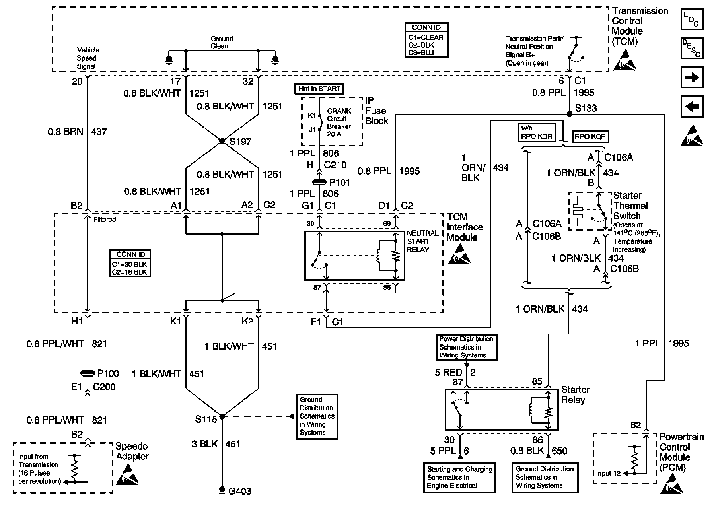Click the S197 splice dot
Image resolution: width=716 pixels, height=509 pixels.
click(222, 142)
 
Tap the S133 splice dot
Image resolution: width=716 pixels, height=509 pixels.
click(569, 114)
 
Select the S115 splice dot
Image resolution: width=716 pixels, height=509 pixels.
click(222, 416)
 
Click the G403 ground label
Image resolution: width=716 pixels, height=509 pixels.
click(240, 491)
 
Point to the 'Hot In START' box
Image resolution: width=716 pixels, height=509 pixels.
click(319, 89)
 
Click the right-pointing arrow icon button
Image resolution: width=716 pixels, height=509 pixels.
click(692, 78)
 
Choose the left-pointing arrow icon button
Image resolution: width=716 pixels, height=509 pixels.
click(692, 107)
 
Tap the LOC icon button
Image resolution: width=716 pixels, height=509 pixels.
click(692, 19)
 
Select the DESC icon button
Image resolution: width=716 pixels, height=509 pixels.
click(692, 49)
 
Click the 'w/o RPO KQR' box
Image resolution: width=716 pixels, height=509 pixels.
click(537, 132)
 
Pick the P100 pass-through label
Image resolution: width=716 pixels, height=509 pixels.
click(108, 373)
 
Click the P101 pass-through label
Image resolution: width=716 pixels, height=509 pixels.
click(339, 183)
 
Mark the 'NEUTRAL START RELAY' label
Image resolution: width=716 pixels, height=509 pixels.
click(422, 241)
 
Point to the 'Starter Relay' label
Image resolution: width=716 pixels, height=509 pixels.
click(575, 395)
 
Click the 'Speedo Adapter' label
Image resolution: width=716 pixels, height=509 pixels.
click(132, 451)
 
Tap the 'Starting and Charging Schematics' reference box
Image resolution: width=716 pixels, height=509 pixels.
click(459, 477)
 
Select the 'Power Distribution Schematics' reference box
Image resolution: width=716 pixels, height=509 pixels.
click(466, 347)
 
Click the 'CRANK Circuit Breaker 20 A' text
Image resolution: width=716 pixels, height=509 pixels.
click(339, 122)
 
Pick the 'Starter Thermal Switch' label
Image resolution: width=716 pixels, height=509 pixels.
click(630, 206)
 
